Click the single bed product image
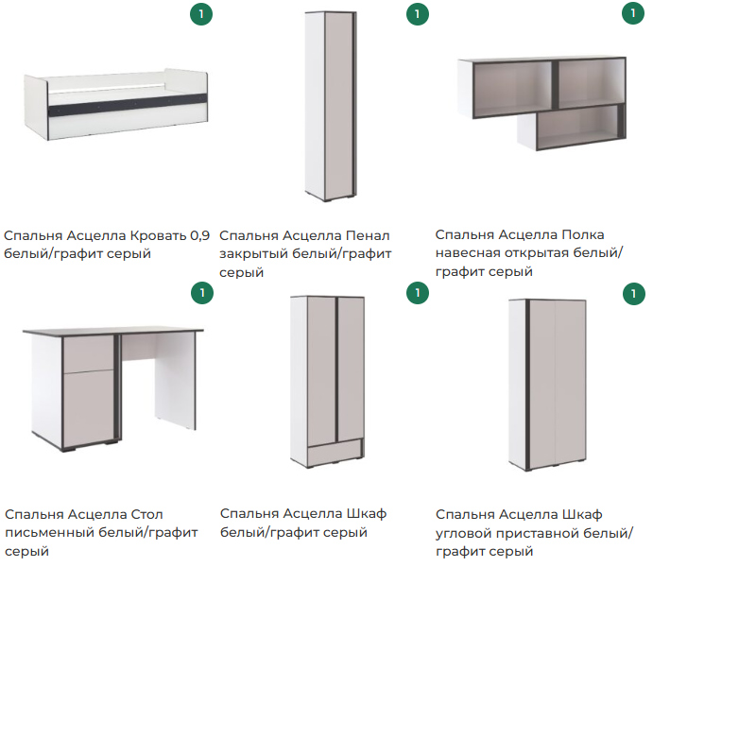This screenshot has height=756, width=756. pos(115,105)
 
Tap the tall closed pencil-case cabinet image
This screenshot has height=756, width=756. pos(331,106)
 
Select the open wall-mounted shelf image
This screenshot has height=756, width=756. pos(541,102)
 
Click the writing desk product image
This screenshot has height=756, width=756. pos(113,388)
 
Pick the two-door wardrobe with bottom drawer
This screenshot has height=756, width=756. pos(327,382)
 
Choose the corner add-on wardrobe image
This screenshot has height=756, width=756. pos(547,385)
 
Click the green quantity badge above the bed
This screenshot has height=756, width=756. pos(201,14)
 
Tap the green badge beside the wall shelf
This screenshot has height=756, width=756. pos(633,13)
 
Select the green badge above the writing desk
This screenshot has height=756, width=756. pos(202,293)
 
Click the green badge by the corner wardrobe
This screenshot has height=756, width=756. pos(633,294)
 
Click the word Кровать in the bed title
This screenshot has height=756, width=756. pos(158,235)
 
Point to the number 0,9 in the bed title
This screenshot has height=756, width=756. pos(200,235)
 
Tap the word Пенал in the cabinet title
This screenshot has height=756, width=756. pos(368,235)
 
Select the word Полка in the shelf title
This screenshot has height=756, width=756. pos(582,234)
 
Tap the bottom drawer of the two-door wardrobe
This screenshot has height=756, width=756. pos(335,454)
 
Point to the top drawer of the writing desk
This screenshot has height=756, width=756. pos(88,354)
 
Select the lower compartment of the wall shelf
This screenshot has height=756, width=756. pos(577,127)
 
